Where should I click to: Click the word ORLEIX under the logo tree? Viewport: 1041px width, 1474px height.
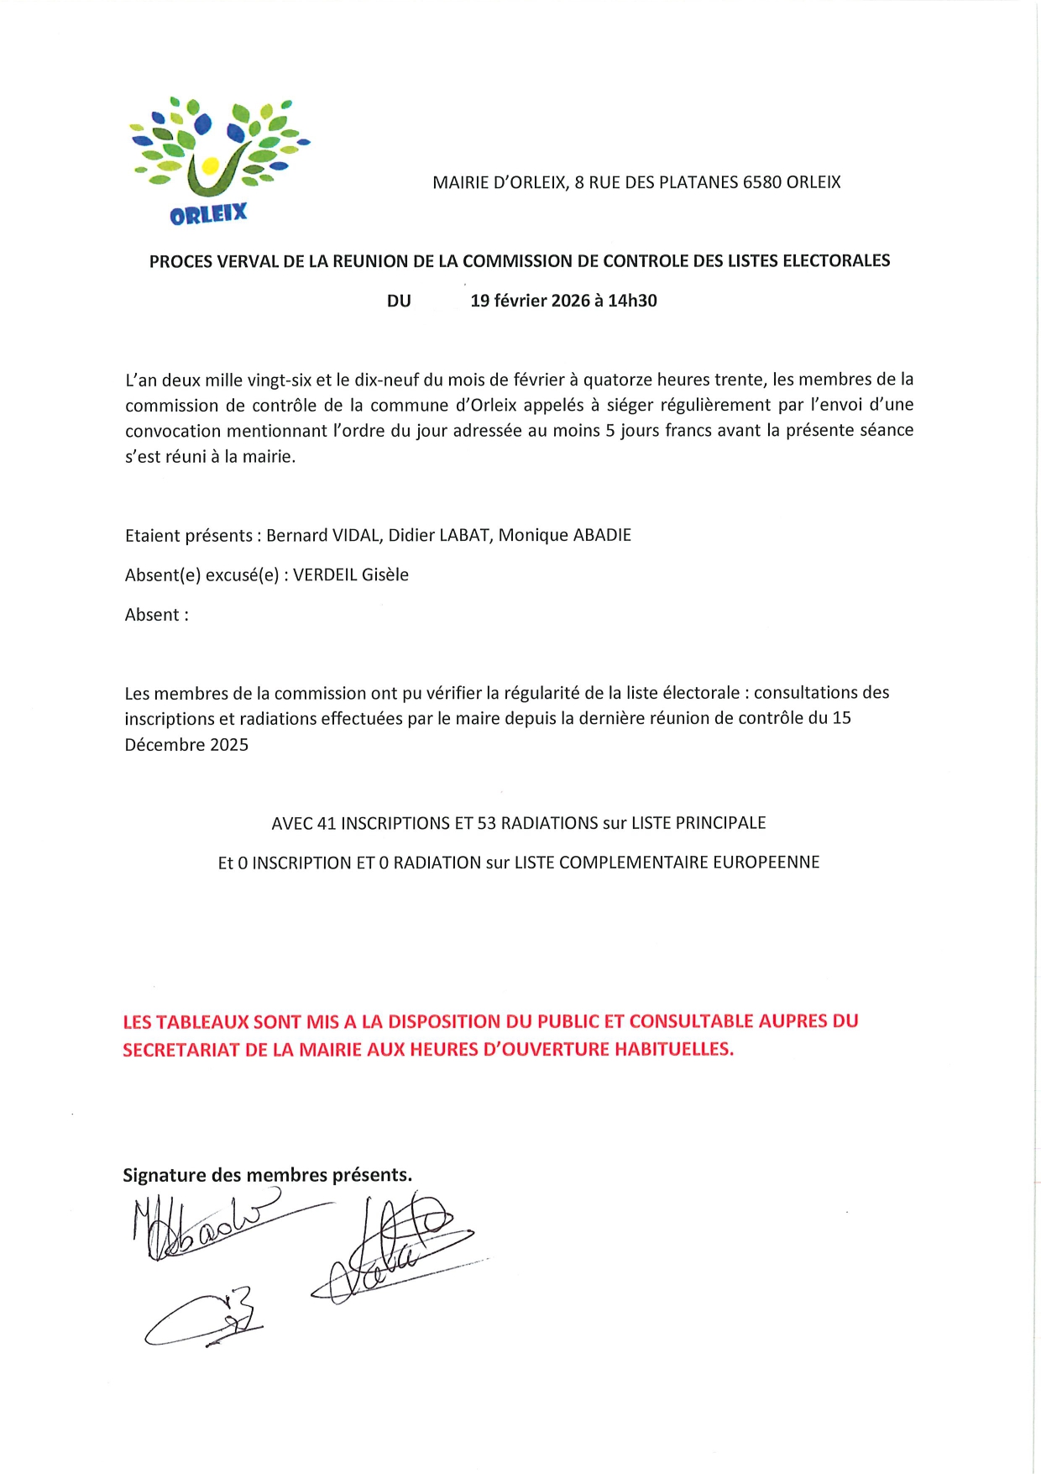tap(208, 214)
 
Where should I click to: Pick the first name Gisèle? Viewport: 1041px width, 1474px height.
tap(385, 575)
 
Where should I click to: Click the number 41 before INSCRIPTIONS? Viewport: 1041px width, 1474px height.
tap(327, 823)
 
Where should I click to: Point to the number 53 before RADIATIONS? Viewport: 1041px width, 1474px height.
tap(487, 823)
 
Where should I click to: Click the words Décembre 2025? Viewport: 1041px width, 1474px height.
tap(186, 745)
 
